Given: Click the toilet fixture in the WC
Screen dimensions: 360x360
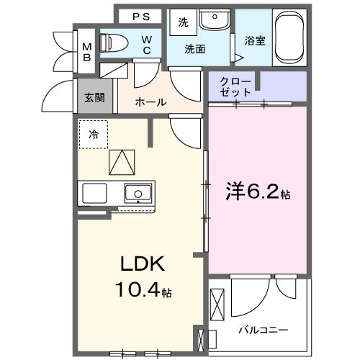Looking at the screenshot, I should click(x=114, y=42).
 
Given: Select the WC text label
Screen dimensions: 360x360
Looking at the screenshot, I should click(x=146, y=44).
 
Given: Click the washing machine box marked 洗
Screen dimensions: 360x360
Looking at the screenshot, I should click(x=184, y=22).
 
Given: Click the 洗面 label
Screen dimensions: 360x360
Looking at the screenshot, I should click(x=195, y=50).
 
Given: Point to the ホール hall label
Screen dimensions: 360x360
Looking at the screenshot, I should click(x=151, y=102).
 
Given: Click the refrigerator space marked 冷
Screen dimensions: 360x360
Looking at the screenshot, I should click(x=94, y=134).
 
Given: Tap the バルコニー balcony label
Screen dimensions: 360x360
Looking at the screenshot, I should click(x=263, y=330).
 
